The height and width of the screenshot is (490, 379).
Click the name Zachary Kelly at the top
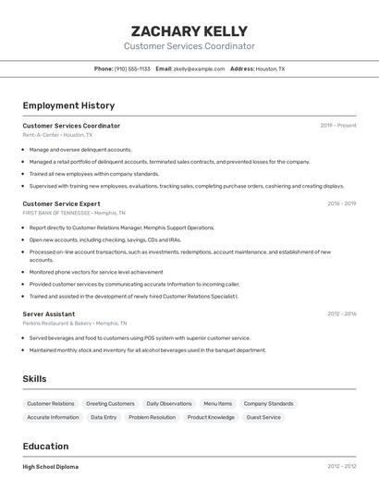pyautogui.click(x=189, y=31)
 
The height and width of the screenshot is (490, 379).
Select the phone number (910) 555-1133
pyautogui.click(x=133, y=68)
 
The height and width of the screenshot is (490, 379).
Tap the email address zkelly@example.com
pyautogui.click(x=200, y=68)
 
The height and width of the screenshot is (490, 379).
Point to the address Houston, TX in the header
pyautogui.click(x=270, y=68)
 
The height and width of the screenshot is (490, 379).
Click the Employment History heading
pyautogui.click(x=68, y=105)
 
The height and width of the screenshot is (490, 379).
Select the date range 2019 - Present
pyautogui.click(x=338, y=126)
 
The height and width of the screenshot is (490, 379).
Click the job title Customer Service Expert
pyautogui.click(x=61, y=203)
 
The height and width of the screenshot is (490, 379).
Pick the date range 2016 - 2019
pyautogui.click(x=341, y=203)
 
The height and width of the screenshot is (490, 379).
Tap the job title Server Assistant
pyautogui.click(x=49, y=314)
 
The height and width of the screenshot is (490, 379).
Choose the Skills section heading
pyautogui.click(x=35, y=379)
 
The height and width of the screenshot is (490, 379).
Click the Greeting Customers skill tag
pyautogui.click(x=110, y=404)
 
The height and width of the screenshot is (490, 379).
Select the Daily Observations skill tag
pyautogui.click(x=169, y=404)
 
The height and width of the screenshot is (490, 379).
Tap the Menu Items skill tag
pyautogui.click(x=217, y=404)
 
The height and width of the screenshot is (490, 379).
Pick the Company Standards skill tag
pyautogui.click(x=268, y=404)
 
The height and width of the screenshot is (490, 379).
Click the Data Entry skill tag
pyautogui.click(x=104, y=417)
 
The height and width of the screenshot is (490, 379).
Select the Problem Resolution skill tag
pyautogui.click(x=152, y=417)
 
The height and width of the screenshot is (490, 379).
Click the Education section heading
pyautogui.click(x=45, y=447)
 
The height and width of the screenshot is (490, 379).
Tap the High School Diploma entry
pyautogui.click(x=51, y=467)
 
